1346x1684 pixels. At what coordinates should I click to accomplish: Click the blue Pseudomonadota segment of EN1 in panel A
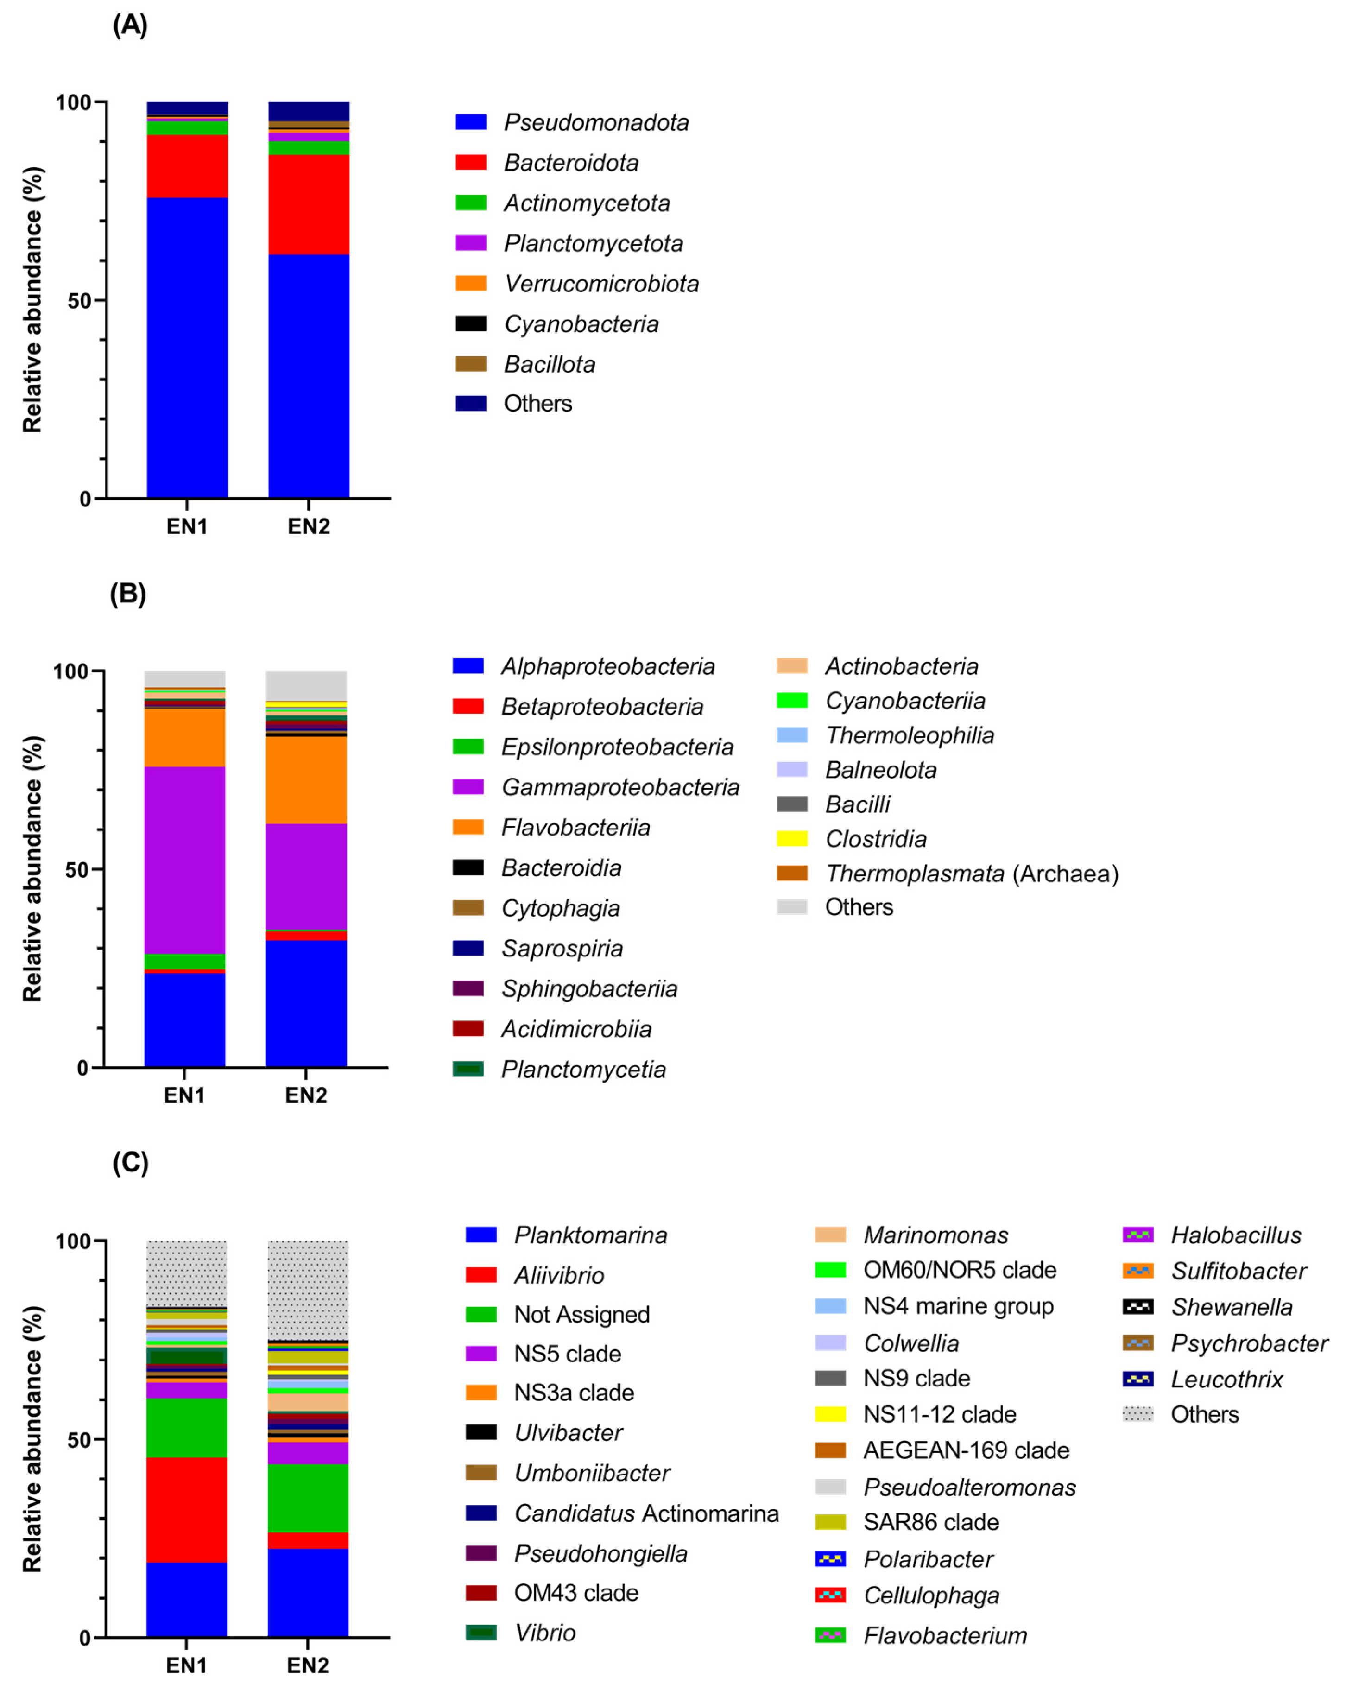click(188, 348)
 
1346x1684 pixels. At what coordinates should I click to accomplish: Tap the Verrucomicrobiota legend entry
click(601, 284)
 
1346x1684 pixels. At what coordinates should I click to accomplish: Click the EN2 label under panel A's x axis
click(309, 526)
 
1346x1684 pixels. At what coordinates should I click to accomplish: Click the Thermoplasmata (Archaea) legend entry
click(971, 873)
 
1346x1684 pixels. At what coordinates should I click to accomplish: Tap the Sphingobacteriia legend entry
click(589, 989)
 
